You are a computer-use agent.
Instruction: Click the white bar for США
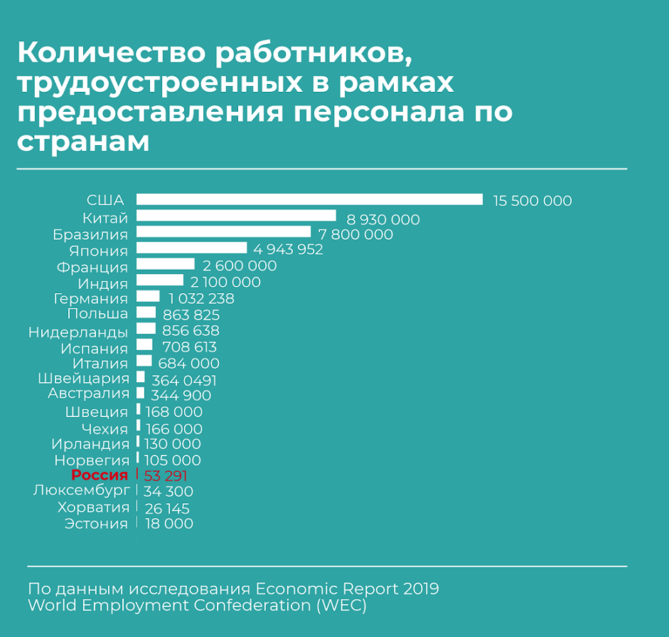tap(309, 200)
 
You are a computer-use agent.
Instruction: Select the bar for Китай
tap(236, 216)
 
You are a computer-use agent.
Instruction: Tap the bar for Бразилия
tap(223, 232)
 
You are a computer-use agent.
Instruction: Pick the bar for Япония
tap(191, 248)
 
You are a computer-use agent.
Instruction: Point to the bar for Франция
tap(165, 265)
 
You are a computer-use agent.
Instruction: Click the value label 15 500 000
tap(532, 201)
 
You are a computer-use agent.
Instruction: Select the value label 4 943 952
tap(284, 250)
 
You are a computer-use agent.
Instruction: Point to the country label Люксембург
tap(81, 490)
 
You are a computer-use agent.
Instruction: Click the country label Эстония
tap(96, 524)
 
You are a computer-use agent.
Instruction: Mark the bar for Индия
tap(160, 281)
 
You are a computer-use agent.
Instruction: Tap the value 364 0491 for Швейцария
tap(183, 381)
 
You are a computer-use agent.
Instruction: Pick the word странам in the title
tap(83, 140)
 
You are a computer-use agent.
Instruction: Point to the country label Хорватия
tap(94, 507)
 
